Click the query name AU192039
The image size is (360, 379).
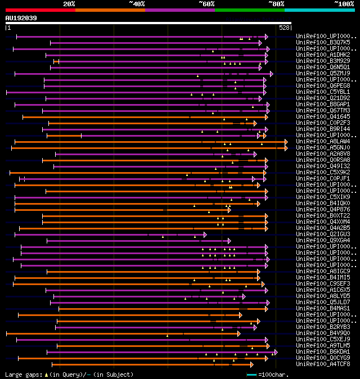21,18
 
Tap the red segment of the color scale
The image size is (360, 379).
40,10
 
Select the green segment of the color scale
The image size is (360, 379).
249,10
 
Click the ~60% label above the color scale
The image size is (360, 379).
206,4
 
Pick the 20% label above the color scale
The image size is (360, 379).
69,4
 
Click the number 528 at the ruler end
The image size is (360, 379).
284,28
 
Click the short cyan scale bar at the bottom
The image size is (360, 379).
251,374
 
